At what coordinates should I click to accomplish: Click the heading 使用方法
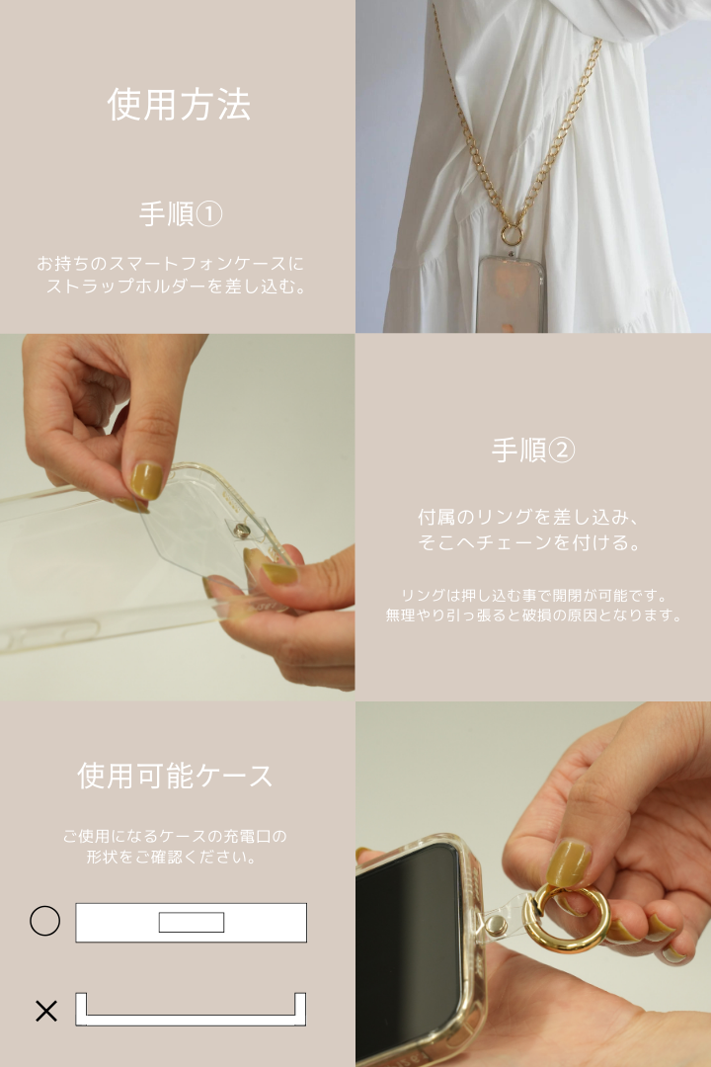click(x=179, y=105)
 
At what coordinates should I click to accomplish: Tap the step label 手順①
click(x=181, y=213)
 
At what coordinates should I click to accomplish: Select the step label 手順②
click(x=532, y=451)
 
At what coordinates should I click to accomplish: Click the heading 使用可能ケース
click(x=176, y=776)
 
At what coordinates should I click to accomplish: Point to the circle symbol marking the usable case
click(x=44, y=921)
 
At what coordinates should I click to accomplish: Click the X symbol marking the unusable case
click(x=45, y=1011)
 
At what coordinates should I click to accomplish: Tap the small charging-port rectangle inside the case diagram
click(x=192, y=922)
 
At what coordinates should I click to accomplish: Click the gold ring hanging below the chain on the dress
click(x=512, y=235)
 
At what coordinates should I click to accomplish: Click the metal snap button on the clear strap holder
click(x=241, y=532)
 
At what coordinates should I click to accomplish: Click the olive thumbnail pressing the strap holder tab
click(x=146, y=481)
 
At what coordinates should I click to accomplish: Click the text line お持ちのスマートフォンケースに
click(x=171, y=264)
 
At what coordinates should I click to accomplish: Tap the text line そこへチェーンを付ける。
click(x=530, y=542)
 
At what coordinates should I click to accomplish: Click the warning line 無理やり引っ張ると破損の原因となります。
click(x=533, y=616)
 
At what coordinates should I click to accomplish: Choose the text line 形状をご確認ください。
click(x=174, y=858)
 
